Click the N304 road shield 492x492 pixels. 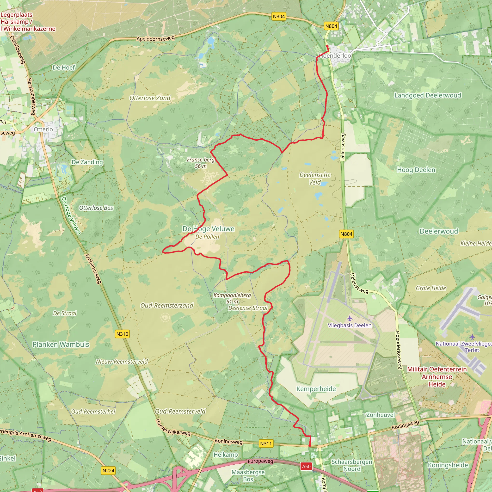(279, 17)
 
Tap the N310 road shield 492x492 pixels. (122, 334)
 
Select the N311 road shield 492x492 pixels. (266, 443)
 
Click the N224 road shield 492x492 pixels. (109, 470)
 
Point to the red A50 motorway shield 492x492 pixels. (306, 466)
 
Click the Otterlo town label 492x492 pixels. (43, 129)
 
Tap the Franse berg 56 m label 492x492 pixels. (201, 163)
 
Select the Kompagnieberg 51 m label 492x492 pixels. (232, 298)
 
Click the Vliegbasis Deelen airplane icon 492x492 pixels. (350, 318)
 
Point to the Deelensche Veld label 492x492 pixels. (315, 178)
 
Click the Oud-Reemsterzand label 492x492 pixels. (167, 305)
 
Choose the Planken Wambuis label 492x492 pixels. (61, 344)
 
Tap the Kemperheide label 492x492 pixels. (316, 389)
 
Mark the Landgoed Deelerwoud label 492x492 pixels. (428, 95)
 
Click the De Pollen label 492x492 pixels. (207, 237)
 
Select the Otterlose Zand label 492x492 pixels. (150, 98)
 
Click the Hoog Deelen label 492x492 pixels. (416, 170)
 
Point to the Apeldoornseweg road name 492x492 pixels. (156, 38)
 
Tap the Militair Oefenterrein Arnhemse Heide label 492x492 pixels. (437, 377)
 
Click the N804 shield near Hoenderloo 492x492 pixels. (331, 26)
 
